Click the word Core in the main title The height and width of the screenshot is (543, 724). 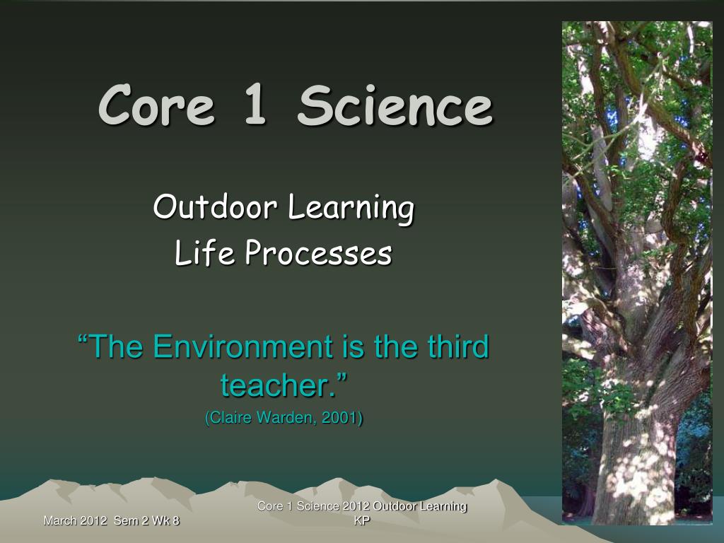tap(156, 105)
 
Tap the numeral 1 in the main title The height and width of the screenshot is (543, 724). tap(255, 105)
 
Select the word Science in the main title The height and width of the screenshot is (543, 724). tap(395, 105)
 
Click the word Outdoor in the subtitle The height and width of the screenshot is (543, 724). tap(215, 206)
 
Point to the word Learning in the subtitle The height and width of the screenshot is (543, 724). tap(351, 209)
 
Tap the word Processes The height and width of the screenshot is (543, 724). tap(318, 253)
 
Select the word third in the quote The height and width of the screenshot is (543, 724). tap(458, 346)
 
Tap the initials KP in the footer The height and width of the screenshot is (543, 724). tap(362, 521)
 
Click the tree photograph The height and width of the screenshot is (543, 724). tap(637, 273)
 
